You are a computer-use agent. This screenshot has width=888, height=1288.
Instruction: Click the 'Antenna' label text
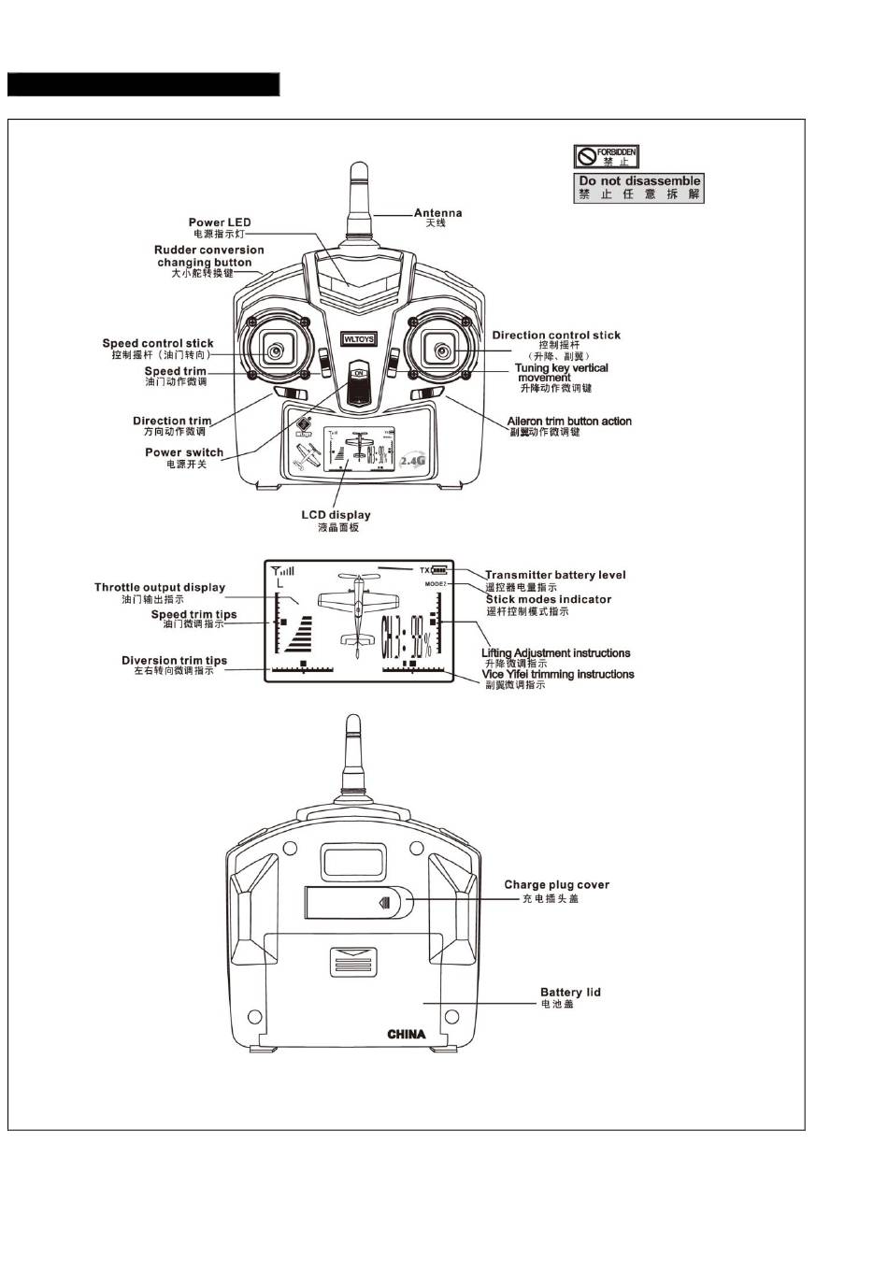tap(437, 213)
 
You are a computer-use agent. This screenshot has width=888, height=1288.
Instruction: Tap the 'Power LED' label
tap(220, 222)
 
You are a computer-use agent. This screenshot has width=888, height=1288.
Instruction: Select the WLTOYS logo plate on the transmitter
tap(359, 339)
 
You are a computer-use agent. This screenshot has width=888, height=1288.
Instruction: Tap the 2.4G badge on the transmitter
tap(412, 461)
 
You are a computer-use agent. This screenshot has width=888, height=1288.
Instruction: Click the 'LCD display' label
tap(336, 515)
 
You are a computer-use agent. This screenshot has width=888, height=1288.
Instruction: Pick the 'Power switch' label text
tap(184, 452)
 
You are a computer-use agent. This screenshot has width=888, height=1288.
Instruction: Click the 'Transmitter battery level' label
tap(555, 575)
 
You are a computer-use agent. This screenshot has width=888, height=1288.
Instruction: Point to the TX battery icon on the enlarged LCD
tap(439, 570)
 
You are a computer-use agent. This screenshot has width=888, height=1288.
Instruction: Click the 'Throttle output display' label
tap(160, 588)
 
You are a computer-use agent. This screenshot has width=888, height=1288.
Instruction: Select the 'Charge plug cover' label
tap(556, 884)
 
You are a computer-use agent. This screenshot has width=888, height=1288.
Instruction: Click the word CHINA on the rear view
tap(407, 1034)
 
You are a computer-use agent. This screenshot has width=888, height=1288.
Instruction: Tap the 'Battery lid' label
tap(570, 993)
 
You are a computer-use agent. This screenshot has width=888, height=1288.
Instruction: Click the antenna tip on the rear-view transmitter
tap(352, 724)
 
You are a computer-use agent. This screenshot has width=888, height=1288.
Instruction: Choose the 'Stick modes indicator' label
tap(549, 599)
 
